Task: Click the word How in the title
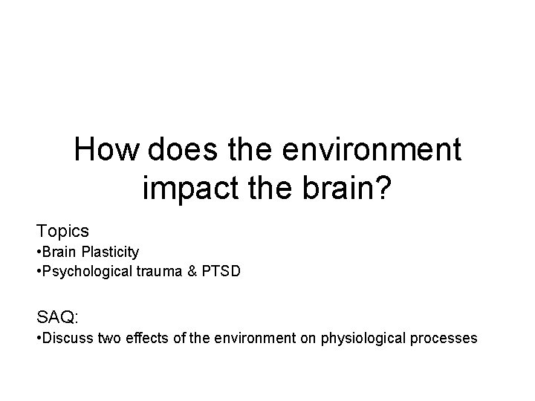107,151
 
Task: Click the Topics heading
63,232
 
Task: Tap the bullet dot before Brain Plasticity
39,253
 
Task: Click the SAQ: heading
57,318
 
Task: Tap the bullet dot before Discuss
39,339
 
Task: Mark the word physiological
361,339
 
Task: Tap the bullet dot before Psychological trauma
39,272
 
